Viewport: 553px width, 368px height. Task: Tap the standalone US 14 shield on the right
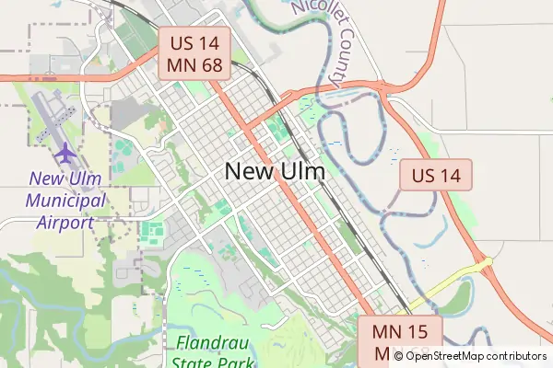point(436,175)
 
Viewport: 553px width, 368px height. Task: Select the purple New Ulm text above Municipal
point(67,178)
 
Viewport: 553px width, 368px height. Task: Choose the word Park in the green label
point(237,362)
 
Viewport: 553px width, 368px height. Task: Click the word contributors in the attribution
point(517,356)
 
